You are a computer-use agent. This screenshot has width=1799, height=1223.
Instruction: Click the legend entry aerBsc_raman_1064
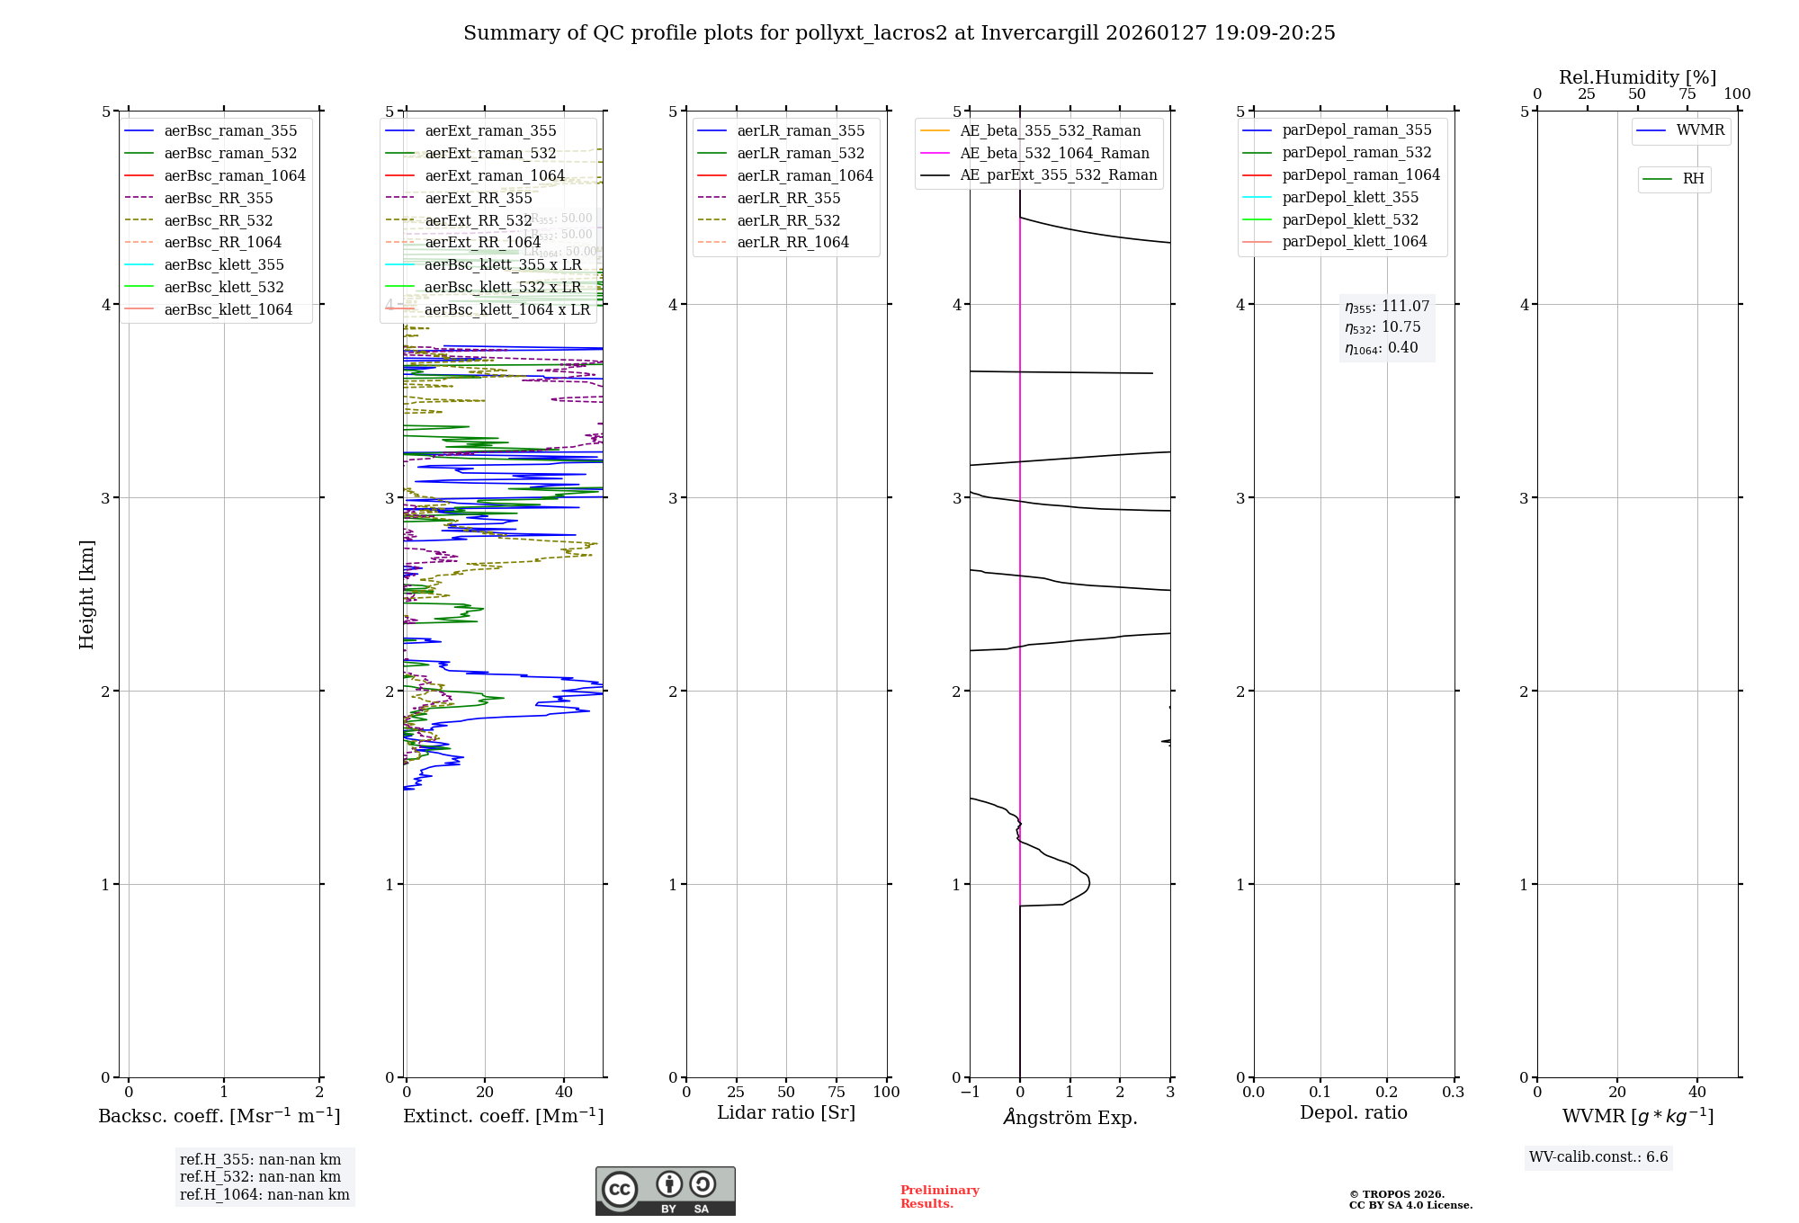click(x=235, y=176)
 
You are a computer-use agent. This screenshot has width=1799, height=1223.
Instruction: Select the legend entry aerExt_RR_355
click(x=478, y=199)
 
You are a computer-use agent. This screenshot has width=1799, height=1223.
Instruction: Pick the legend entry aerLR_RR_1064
click(x=792, y=243)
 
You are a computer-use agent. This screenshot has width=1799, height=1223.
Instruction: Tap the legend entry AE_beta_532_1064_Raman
click(x=1054, y=154)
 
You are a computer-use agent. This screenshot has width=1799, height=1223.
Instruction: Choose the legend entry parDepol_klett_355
click(x=1349, y=198)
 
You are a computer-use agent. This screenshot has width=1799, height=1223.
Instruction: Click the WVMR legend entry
click(x=1699, y=131)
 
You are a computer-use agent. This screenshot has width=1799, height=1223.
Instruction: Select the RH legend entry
click(x=1692, y=180)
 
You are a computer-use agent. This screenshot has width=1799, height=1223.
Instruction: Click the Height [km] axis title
click(x=86, y=594)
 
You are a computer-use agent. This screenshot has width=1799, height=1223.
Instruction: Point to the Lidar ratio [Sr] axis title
click(x=785, y=1113)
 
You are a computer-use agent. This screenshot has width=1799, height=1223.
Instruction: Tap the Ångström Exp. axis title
click(x=1070, y=1118)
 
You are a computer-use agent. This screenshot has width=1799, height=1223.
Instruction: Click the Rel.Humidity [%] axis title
click(x=1637, y=77)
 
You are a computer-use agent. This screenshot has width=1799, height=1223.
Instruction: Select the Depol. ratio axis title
click(x=1353, y=1113)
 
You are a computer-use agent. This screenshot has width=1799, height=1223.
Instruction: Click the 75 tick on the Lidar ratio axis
click(x=837, y=1093)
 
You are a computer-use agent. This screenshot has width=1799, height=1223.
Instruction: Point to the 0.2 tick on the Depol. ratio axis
click(x=1387, y=1093)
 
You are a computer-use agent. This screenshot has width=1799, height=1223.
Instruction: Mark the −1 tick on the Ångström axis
click(x=970, y=1093)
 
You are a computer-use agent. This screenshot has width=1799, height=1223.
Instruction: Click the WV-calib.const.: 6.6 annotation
click(x=1598, y=1157)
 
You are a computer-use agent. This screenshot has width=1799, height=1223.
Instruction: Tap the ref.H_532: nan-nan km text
click(x=260, y=1177)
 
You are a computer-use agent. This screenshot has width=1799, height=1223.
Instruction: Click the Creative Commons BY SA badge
click(x=665, y=1192)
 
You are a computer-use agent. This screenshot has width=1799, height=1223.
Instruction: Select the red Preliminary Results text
click(x=939, y=1197)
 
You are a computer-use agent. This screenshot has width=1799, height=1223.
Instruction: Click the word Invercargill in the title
click(x=1040, y=33)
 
